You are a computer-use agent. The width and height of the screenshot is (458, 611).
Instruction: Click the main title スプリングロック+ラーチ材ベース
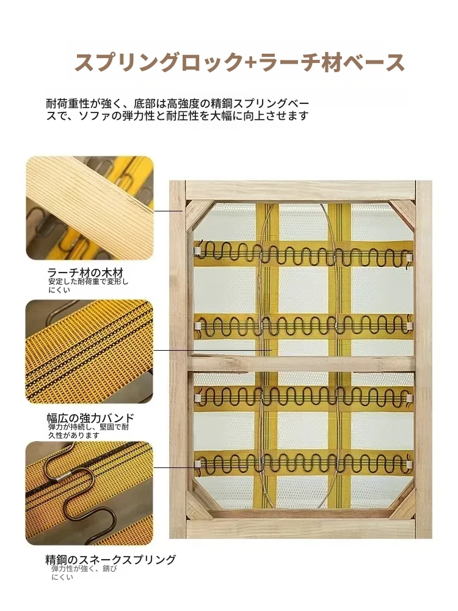pyautogui.click(x=239, y=62)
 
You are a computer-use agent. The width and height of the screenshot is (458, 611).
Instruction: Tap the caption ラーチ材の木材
pyautogui.click(x=85, y=273)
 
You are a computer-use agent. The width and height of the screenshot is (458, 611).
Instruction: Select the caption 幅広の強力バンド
pyautogui.click(x=90, y=418)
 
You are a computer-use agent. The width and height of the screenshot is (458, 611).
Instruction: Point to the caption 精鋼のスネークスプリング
pyautogui.click(x=111, y=560)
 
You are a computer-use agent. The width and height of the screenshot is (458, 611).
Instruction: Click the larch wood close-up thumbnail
pyautogui.click(x=90, y=208)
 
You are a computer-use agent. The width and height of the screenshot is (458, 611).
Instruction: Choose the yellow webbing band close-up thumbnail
pyautogui.click(x=89, y=351)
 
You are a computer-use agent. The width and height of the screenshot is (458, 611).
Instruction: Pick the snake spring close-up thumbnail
pyautogui.click(x=89, y=493)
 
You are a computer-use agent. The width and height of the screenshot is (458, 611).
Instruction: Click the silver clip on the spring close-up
pyautogui.click(x=64, y=476)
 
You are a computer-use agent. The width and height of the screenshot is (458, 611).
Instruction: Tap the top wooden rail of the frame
pyautogui.click(x=300, y=190)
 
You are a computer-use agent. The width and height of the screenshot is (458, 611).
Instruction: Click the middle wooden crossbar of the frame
pyautogui.click(x=300, y=363)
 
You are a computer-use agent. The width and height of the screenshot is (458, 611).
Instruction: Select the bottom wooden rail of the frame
pyautogui.click(x=300, y=529)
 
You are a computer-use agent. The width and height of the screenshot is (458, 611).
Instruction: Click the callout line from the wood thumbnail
pyautogui.click(x=169, y=211)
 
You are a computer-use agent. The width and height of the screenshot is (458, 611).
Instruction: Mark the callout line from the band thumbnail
pyautogui.click(x=213, y=350)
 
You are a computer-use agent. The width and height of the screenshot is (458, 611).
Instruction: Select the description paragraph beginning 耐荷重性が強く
pyautogui.click(x=178, y=109)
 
